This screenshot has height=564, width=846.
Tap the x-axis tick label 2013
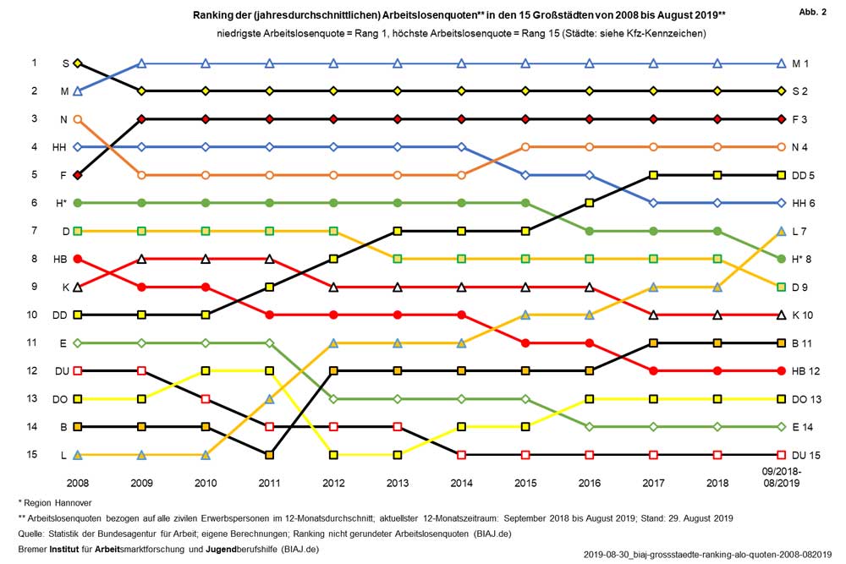(x=398, y=483)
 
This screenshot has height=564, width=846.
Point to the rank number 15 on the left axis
(x=35, y=454)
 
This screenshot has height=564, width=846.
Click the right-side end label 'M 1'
(x=800, y=63)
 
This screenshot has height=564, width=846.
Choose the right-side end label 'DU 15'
(x=804, y=455)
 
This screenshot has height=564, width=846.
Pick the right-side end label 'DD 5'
(x=803, y=175)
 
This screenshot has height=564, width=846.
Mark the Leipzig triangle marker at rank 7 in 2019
(x=781, y=231)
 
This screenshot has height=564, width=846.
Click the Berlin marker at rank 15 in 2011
(x=270, y=455)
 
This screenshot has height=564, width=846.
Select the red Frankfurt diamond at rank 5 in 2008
(x=78, y=175)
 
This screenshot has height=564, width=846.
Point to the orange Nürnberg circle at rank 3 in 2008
(x=78, y=119)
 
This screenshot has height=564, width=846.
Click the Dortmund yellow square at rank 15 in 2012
(x=333, y=455)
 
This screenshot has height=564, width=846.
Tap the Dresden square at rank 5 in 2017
(x=653, y=175)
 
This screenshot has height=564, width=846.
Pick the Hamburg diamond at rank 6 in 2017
(x=653, y=203)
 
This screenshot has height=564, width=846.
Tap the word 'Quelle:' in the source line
(x=32, y=534)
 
